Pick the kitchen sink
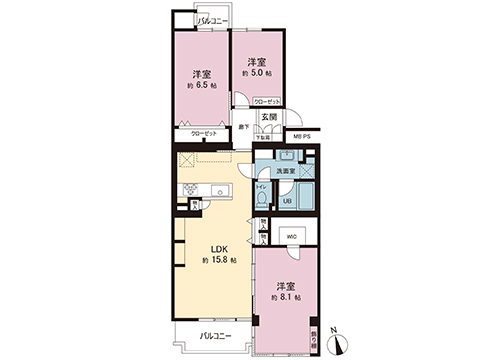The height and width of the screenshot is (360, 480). [x=219, y=189]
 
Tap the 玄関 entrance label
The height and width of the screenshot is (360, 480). [x=269, y=118]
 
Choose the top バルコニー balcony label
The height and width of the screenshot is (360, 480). [x=212, y=20]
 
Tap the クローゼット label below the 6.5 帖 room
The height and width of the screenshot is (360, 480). [x=206, y=132]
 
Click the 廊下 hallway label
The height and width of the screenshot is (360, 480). [x=244, y=127]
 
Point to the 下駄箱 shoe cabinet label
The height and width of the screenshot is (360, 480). [x=264, y=136]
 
